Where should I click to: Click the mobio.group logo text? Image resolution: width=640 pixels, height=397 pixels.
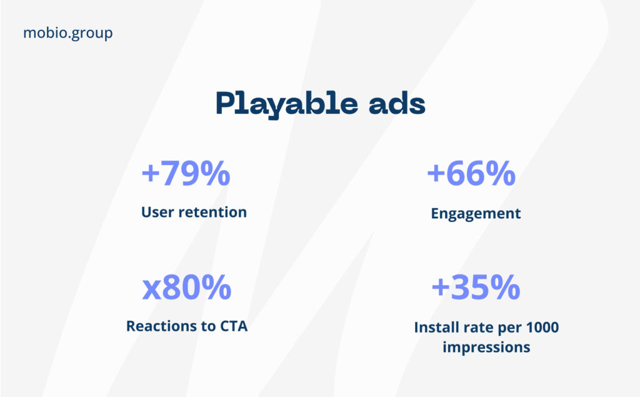click(x=67, y=33)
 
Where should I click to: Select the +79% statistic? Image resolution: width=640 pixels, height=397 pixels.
click(x=186, y=174)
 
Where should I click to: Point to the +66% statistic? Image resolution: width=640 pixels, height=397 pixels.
click(x=471, y=174)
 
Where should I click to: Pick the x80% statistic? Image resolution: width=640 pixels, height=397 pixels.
click(x=187, y=288)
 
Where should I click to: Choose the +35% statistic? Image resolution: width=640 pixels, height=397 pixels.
click(x=476, y=288)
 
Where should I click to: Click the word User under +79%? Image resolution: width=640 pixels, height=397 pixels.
click(x=157, y=212)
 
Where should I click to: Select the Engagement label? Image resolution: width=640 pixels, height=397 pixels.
click(x=476, y=213)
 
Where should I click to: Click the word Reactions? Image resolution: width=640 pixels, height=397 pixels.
click(x=161, y=326)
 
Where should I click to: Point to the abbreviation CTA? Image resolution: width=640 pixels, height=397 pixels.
click(x=233, y=326)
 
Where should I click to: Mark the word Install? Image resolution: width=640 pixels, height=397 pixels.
click(x=436, y=327)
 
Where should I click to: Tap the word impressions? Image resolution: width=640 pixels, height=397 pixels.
click(x=486, y=346)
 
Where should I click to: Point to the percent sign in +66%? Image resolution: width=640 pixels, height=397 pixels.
click(x=500, y=174)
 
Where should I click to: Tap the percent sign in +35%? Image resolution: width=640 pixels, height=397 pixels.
click(x=506, y=288)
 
